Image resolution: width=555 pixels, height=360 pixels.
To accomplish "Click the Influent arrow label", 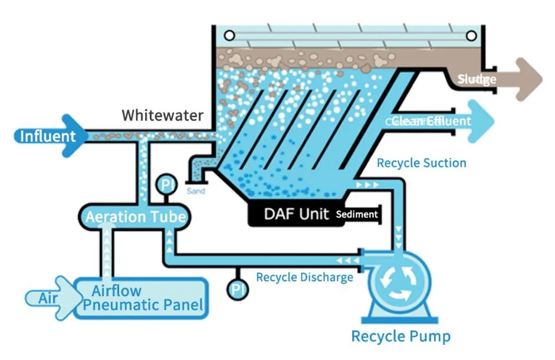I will point(47,136).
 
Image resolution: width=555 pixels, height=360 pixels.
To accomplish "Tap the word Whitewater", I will point(162,115).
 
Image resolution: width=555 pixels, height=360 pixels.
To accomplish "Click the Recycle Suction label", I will point(421,163).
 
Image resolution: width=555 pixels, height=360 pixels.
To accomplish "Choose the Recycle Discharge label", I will point(304,277).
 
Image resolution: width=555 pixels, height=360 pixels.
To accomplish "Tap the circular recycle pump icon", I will point(397,280).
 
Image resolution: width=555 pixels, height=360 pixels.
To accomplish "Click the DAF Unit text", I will point(296,214).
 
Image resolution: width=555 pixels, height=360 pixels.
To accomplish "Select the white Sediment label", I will point(356,214).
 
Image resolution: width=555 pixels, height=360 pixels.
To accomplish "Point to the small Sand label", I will point(196,191).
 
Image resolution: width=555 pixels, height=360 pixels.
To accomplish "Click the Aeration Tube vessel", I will point(136,217).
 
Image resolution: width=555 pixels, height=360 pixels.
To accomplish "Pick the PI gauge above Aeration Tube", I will point(166,186).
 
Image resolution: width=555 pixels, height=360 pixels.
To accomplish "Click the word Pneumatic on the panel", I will point(142,305).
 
